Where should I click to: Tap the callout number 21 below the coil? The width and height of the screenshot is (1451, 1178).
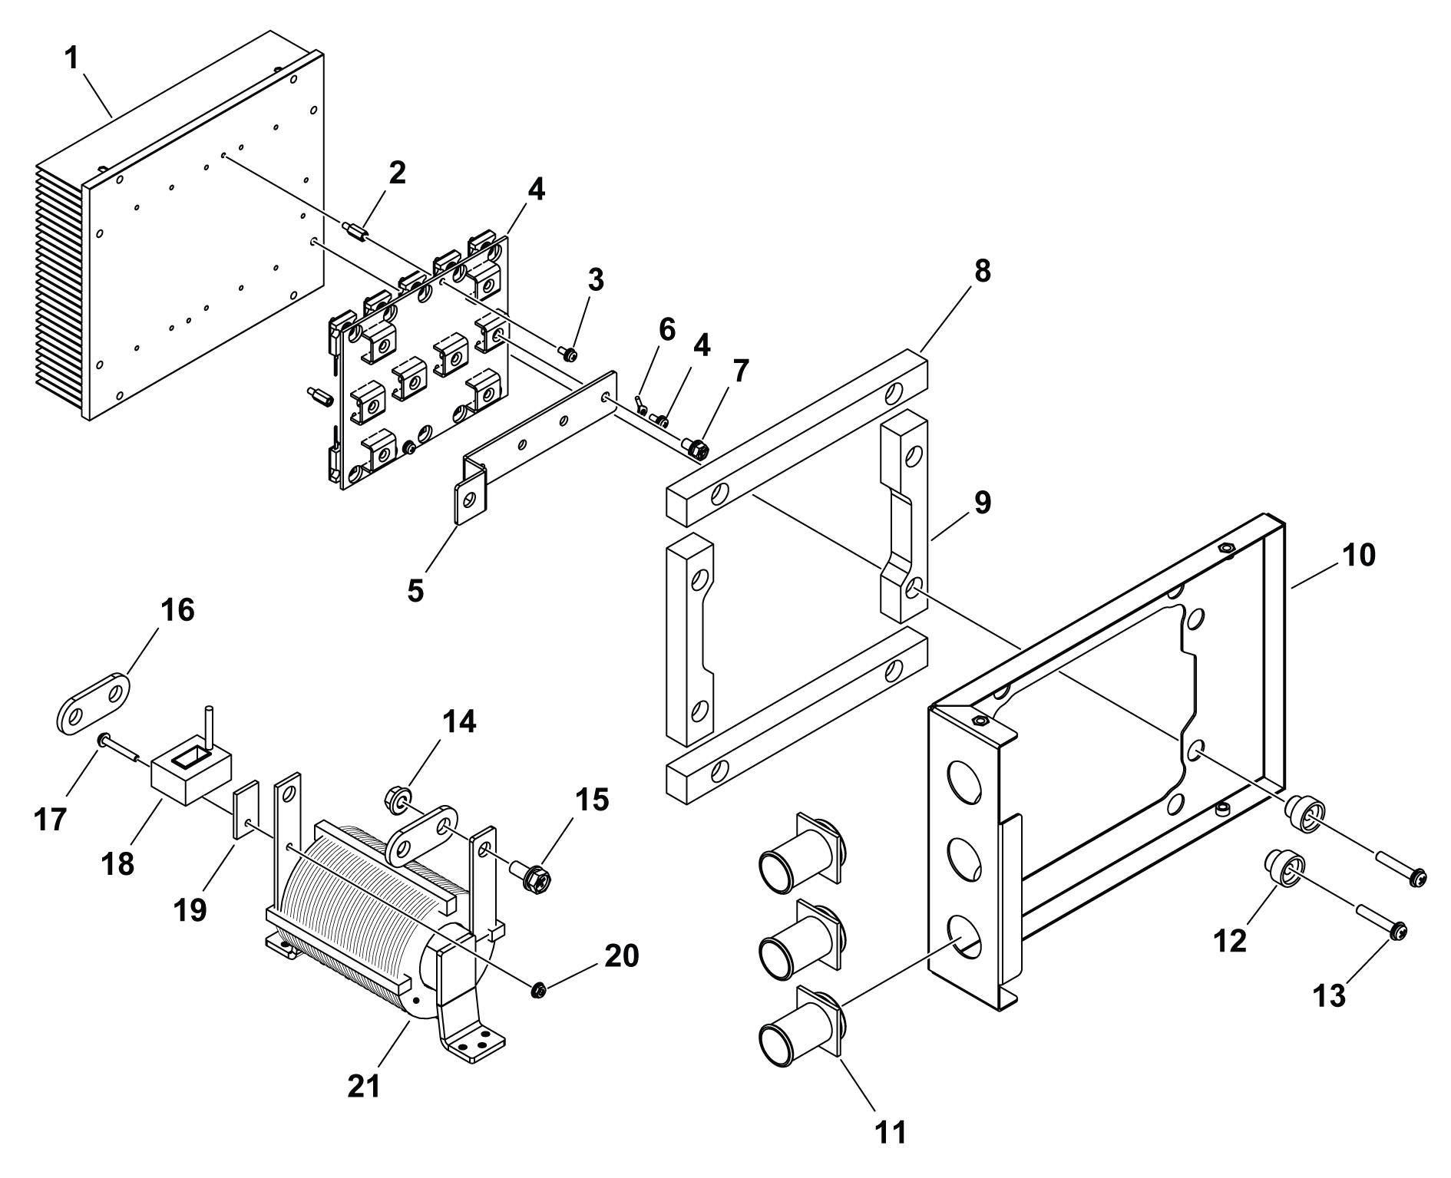coord(364,1086)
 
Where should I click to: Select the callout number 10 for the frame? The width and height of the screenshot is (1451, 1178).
coord(1358,555)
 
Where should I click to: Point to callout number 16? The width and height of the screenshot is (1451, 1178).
coord(177,611)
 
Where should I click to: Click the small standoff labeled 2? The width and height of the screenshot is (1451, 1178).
coord(358,230)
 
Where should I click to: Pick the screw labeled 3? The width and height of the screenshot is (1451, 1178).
coord(569,353)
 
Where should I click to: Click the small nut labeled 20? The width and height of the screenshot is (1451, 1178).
coord(538,991)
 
